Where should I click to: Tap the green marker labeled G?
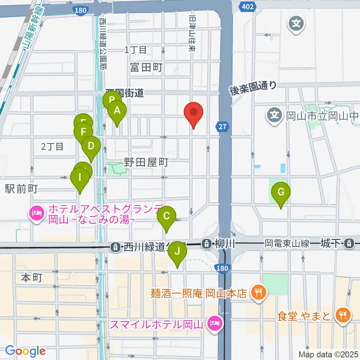[x=280, y=193]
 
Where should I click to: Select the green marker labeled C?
[x=166, y=216]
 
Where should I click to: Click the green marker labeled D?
[x=91, y=146]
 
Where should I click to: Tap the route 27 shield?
[x=222, y=127]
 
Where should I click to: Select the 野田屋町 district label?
[x=147, y=162]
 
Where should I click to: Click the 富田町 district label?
[x=147, y=67]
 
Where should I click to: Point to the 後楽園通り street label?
[x=254, y=88]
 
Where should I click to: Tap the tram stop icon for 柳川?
[x=206, y=244]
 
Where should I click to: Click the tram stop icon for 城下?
[x=349, y=244]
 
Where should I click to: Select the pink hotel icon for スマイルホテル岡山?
[x=214, y=323]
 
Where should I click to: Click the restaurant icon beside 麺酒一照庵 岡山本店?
[x=258, y=292]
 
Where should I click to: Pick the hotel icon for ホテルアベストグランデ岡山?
[x=36, y=214]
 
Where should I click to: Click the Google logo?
[x=25, y=351]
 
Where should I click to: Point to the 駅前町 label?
[x=21, y=189]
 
